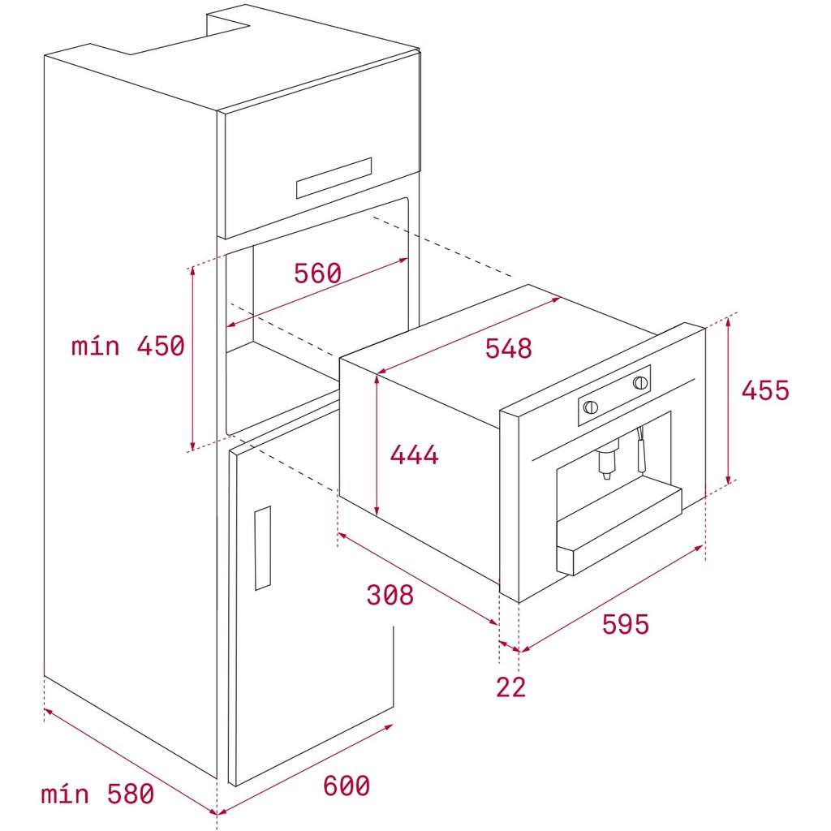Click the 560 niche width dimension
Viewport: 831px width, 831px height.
pyautogui.click(x=317, y=273)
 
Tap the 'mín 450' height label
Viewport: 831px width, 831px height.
pyautogui.click(x=127, y=346)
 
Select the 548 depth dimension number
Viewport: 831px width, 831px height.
pyautogui.click(x=508, y=349)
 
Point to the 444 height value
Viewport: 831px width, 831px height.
pyautogui.click(x=415, y=454)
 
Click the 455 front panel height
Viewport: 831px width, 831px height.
pyautogui.click(x=765, y=390)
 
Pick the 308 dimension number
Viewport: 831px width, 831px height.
pyautogui.click(x=390, y=595)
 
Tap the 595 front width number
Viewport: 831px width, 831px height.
pyautogui.click(x=626, y=624)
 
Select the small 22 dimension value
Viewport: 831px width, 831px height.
pyautogui.click(x=511, y=687)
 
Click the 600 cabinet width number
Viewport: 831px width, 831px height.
pyautogui.click(x=347, y=786)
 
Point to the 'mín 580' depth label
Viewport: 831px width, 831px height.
pyautogui.click(x=97, y=794)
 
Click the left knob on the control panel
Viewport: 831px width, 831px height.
pyautogui.click(x=591, y=407)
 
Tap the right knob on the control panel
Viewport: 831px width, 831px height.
pyautogui.click(x=640, y=382)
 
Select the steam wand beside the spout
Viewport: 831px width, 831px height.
pyautogui.click(x=641, y=450)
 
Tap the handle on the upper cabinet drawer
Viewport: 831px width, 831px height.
pyautogui.click(x=334, y=178)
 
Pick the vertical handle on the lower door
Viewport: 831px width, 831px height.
pyautogui.click(x=262, y=548)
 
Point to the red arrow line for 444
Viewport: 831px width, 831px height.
pyautogui.click(x=377, y=445)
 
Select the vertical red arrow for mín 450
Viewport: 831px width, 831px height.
pyautogui.click(x=192, y=358)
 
